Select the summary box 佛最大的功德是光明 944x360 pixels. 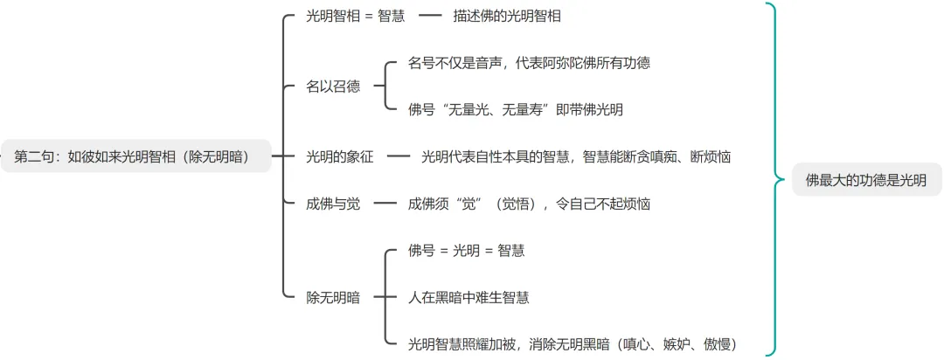866,181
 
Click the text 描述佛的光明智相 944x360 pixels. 507,16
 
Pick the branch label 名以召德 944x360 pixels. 333,87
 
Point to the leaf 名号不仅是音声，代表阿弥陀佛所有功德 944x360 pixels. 529,63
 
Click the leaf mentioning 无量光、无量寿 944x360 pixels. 516,110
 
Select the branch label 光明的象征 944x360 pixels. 340,157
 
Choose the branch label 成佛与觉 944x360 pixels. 333,204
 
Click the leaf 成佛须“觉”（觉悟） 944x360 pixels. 529,204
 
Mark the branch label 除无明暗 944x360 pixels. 333,297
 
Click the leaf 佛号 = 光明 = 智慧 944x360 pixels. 467,251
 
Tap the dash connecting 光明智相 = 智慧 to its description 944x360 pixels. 431,16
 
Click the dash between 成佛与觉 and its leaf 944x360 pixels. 385,204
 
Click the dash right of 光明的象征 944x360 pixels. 399,157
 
